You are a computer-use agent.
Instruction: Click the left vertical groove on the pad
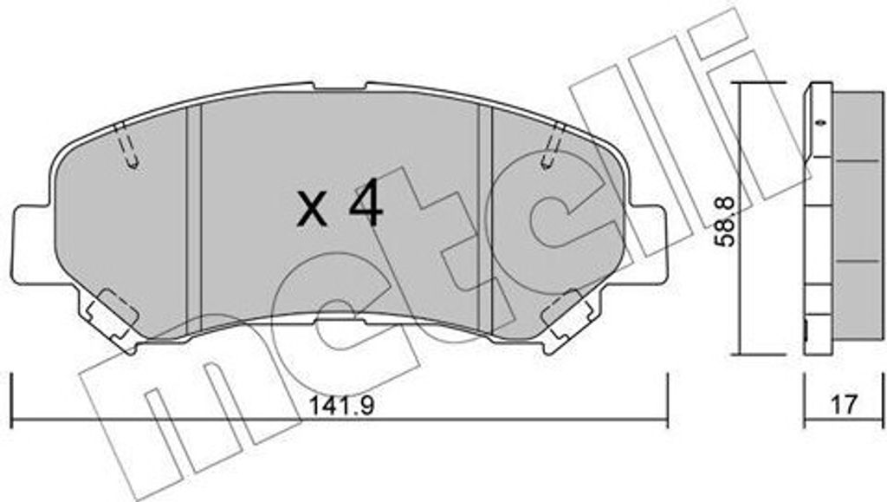[195, 217]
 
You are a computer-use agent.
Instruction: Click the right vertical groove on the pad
[485, 217]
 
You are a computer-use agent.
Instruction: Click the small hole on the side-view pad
[819, 122]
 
